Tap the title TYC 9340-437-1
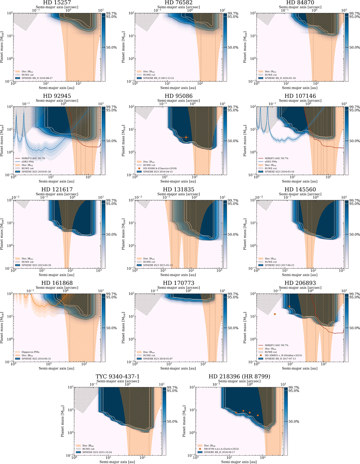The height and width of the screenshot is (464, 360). [x=118, y=376]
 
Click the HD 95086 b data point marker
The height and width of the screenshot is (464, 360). [x=186, y=137]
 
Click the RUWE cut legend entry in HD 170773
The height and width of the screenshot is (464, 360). [x=149, y=355]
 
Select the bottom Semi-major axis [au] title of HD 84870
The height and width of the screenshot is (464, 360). [x=300, y=88]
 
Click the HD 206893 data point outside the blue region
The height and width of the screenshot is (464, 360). [x=275, y=314]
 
